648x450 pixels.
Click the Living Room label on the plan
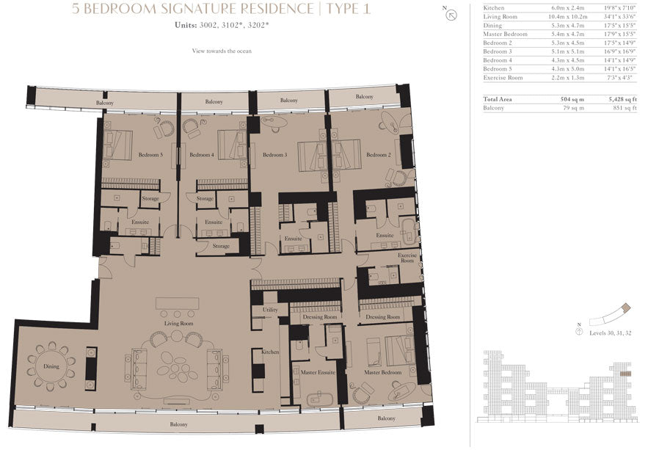click(x=178, y=324)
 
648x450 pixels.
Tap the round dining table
click(x=51, y=366)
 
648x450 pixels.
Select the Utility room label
click(x=270, y=310)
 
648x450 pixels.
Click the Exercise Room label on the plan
click(x=407, y=258)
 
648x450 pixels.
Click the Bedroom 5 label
click(x=150, y=155)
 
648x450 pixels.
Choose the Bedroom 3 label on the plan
click(x=274, y=155)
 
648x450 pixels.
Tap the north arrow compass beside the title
click(x=451, y=15)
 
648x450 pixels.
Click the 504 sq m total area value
click(x=572, y=99)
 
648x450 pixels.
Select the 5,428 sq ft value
click(x=622, y=99)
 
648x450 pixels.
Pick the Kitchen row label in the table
click(x=493, y=8)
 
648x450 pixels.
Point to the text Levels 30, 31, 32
click(x=611, y=333)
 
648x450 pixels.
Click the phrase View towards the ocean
click(x=222, y=51)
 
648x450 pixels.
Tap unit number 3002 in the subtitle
click(x=208, y=25)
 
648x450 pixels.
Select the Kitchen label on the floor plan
click(x=270, y=352)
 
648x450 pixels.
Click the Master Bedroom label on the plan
click(x=382, y=372)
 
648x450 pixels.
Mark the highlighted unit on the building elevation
click(x=626, y=374)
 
